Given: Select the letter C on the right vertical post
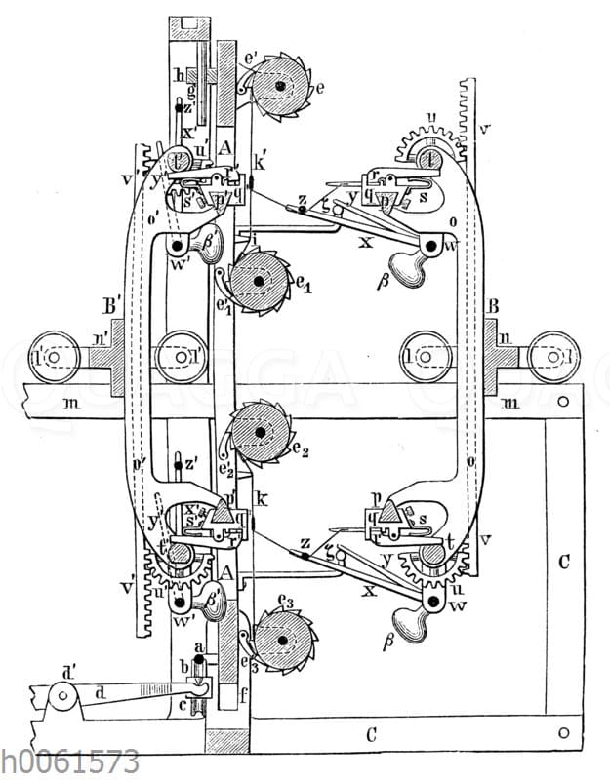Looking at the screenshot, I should tap(563, 563).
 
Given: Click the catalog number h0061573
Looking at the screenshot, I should tap(70, 761).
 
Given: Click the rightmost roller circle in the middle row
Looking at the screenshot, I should tap(551, 358).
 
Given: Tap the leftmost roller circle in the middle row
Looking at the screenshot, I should tap(51, 358).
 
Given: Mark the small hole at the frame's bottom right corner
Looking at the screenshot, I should tap(561, 731).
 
